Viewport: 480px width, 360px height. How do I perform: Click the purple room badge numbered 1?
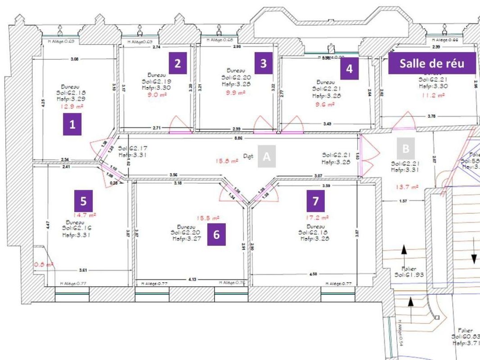click(x=72, y=125)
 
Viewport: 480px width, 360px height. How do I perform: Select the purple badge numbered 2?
click(x=177, y=63)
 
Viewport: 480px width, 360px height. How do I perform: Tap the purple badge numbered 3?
click(x=264, y=63)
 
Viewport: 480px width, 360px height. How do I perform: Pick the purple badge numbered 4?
click(x=349, y=69)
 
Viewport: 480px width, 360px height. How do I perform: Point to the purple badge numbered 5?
click(x=84, y=199)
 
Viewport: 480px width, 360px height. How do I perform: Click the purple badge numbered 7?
click(x=315, y=201)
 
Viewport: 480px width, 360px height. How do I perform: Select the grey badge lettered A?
click(x=266, y=157)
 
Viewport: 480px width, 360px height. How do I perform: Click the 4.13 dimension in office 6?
click(x=192, y=279)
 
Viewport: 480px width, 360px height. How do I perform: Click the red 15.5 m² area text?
click(x=209, y=218)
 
